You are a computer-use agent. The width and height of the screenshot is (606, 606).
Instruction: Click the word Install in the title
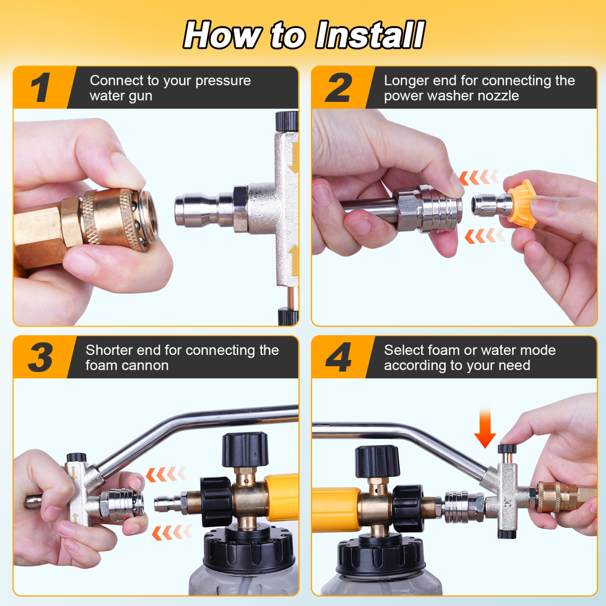[x=370, y=35]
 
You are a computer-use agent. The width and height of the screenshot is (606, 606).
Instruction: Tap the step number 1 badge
[x=41, y=88]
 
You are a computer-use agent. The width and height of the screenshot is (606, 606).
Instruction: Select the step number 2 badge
[x=338, y=88]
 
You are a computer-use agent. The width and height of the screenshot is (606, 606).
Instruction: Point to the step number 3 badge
[x=41, y=357]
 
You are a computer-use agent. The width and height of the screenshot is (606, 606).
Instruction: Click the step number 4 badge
[x=338, y=357]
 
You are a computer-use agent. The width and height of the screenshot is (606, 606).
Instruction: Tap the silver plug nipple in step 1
[x=201, y=210]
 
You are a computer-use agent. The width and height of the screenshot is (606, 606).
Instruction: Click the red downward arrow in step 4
[x=485, y=428]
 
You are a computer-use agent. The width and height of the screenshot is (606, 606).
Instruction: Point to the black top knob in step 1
[x=287, y=121]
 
